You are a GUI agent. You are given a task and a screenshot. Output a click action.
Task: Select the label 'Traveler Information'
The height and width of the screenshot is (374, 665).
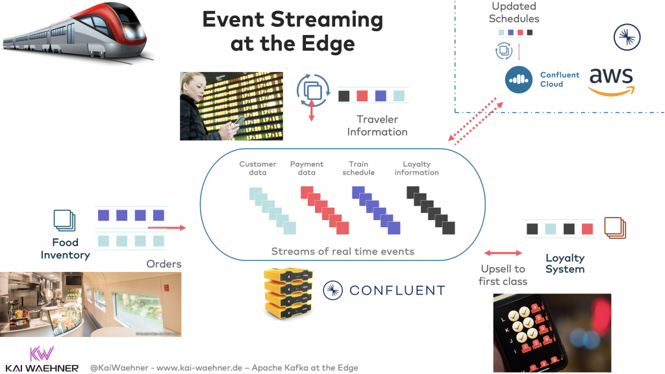pos(377,125)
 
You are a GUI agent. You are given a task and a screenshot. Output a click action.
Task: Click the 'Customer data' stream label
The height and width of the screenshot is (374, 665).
pos(257,168)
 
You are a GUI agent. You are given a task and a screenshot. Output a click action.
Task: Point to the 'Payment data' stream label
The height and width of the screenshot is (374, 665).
pos(307,168)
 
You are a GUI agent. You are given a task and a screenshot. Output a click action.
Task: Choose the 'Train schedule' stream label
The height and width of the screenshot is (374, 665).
pos(358,168)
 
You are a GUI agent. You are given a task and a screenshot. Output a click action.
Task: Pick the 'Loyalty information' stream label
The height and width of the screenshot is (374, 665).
pos(416,168)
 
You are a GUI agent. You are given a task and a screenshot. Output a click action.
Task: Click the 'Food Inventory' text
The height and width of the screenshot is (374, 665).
pos(65,249)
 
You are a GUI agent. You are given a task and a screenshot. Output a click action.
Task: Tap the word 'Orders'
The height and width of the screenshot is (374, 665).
pos(164,264)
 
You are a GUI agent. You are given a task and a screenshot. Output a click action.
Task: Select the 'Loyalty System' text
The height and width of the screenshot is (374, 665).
pos(564,264)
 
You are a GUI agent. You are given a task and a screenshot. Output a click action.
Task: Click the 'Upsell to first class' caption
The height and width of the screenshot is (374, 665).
pos(503,275)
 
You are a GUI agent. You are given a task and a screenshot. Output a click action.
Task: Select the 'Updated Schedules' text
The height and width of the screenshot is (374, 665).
pos(514,12)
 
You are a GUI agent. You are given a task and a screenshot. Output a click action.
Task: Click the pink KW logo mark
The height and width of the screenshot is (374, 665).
pos(42,353)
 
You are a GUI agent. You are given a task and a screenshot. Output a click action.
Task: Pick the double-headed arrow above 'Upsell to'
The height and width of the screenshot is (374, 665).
pos(503,253)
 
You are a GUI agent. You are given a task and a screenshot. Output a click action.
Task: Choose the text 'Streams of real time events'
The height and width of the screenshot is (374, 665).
pos(342,251)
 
